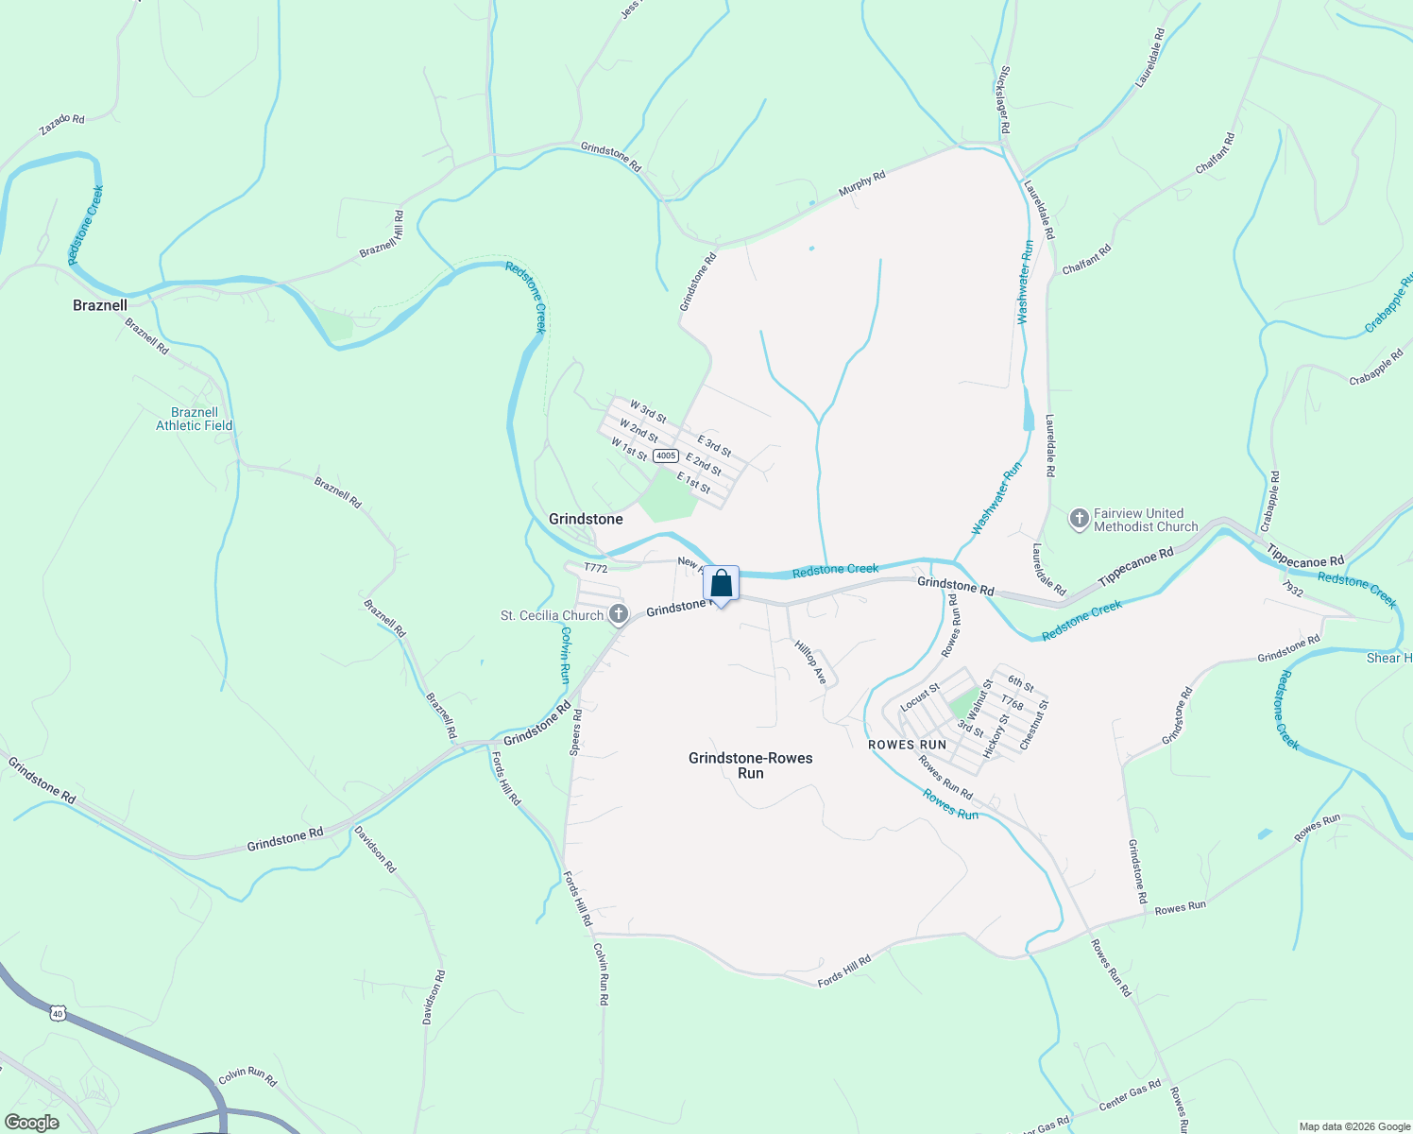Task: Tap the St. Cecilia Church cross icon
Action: point(619,615)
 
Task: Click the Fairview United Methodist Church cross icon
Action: point(1079,519)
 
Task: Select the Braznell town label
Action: point(100,305)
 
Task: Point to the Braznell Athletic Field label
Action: point(195,419)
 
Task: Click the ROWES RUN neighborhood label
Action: point(907,745)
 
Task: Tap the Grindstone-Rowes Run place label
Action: point(751,765)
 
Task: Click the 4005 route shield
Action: point(666,455)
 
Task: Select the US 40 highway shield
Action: point(59,1013)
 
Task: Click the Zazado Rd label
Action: point(62,125)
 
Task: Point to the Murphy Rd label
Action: point(862,183)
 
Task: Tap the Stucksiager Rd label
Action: point(1004,99)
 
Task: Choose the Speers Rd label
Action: point(576,732)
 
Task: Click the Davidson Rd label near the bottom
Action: point(434,997)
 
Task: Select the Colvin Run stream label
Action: point(565,655)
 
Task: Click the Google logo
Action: point(32,1123)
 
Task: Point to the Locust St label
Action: point(919,697)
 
